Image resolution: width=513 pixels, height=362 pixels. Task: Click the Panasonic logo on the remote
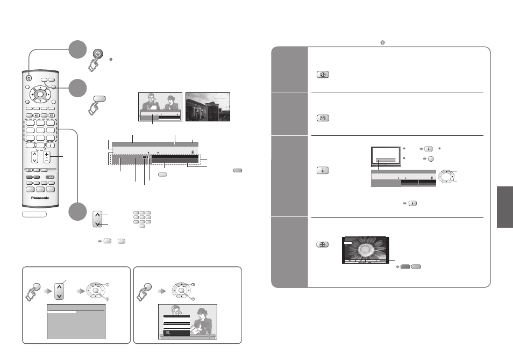pos(40,198)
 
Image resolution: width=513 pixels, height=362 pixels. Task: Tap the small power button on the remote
pos(29,78)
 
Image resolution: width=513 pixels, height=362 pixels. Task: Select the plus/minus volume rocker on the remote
pos(47,157)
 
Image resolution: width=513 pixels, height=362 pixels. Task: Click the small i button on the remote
pos(51,146)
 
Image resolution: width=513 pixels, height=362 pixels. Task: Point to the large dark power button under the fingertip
pos(98,54)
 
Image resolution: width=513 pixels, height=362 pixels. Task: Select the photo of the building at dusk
pos(208,107)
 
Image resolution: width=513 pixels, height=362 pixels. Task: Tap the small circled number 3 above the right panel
pos(382,42)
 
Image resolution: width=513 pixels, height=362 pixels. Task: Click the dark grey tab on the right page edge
pos(505,207)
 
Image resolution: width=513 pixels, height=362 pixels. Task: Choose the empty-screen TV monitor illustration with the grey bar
pos(386,157)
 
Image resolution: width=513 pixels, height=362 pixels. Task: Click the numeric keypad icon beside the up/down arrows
pos(142,219)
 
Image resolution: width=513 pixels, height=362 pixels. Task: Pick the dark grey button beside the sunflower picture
pos(405,266)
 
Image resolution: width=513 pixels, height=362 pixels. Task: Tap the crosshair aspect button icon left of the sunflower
pos(322,244)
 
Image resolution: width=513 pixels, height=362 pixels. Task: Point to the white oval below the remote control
pos(34,214)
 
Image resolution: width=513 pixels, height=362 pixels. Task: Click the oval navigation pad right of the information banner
pos(446,176)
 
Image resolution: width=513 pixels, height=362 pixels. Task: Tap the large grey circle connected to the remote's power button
pos(77,49)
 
